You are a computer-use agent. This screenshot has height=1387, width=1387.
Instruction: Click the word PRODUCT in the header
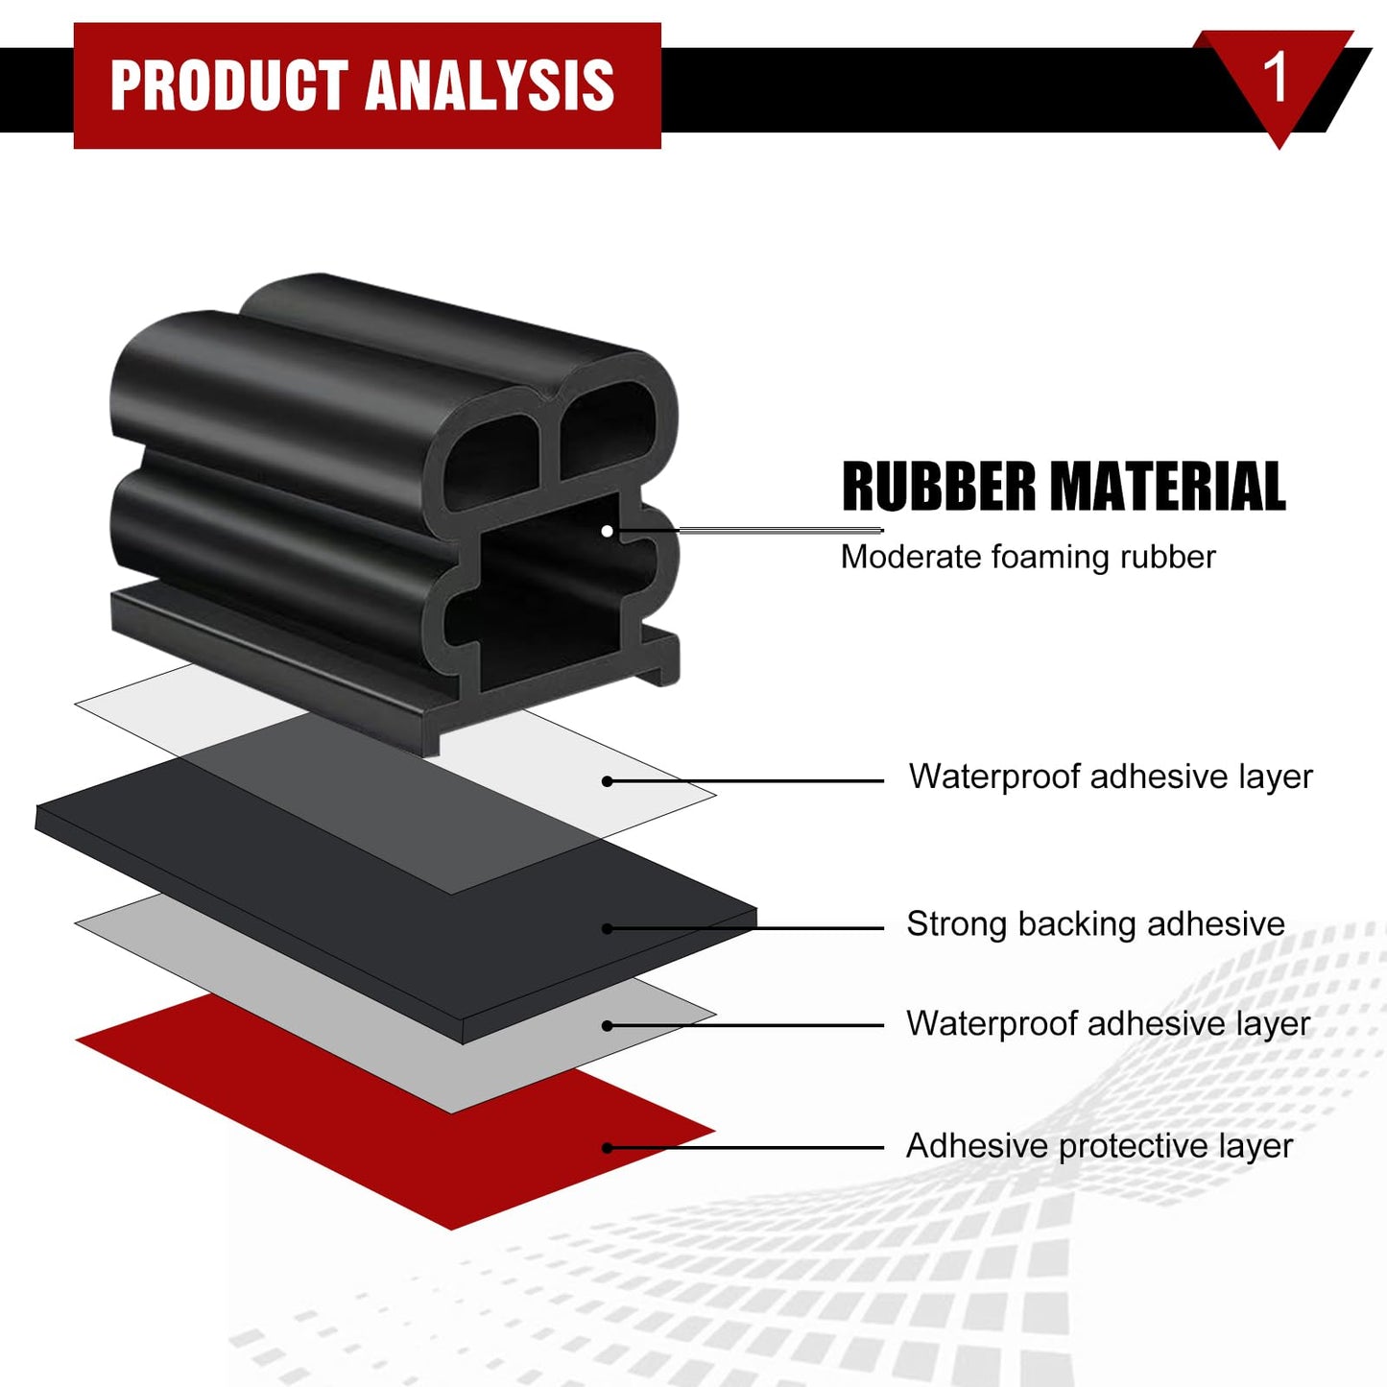point(229,85)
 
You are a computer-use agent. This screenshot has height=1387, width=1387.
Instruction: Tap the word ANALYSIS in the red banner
point(490,85)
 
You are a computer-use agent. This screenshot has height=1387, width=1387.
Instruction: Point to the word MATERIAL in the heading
point(1167,487)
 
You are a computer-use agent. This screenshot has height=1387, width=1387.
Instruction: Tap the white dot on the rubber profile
point(608,531)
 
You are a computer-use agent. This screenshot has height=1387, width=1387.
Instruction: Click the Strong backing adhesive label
point(1095,923)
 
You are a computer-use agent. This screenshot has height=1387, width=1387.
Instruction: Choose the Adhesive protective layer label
point(1099,1146)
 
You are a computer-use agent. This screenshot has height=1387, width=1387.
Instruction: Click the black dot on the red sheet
point(608,1148)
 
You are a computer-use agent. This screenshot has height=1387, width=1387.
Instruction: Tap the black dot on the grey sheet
point(608,1026)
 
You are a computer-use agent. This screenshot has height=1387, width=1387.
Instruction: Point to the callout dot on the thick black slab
point(608,928)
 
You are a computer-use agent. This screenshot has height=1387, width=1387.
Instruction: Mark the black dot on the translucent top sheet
point(608,781)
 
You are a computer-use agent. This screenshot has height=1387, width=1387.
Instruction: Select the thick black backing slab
point(395,899)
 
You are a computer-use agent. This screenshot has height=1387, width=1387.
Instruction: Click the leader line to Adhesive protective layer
point(746,1148)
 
